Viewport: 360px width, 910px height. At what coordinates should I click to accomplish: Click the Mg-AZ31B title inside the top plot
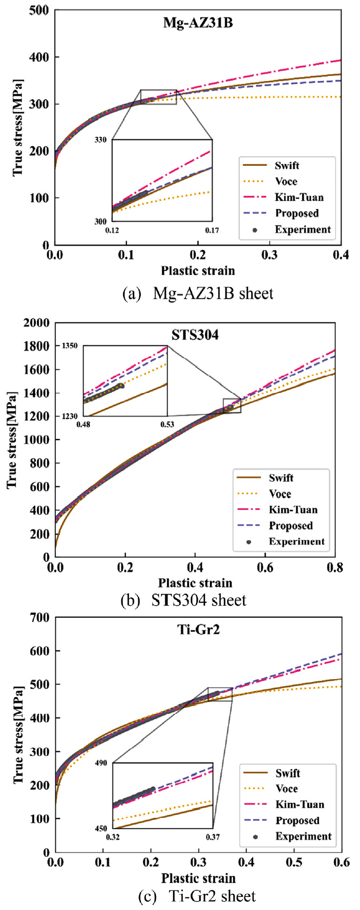[x=198, y=23]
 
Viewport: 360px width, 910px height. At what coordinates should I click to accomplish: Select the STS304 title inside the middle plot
[x=195, y=335]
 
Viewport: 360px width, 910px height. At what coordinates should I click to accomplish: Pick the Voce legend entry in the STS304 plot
[x=280, y=494]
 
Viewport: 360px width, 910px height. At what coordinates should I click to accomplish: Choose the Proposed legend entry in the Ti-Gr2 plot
[x=297, y=821]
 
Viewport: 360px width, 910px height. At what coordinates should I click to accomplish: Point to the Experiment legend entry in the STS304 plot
[x=297, y=541]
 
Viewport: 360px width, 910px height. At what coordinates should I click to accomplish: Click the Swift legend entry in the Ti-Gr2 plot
[x=287, y=773]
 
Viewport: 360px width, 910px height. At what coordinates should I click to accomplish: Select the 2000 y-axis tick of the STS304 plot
[x=37, y=322]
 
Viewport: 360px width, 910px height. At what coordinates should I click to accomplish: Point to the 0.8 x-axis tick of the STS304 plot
[x=335, y=567]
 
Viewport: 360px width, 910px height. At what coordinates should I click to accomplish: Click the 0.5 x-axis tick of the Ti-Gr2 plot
[x=294, y=862]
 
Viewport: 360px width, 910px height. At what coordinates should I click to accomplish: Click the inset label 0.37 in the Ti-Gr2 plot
[x=212, y=837]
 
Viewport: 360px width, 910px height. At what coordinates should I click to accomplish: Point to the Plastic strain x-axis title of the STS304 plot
[x=195, y=583]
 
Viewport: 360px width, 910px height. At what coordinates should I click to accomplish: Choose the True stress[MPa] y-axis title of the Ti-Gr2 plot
[x=18, y=734]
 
